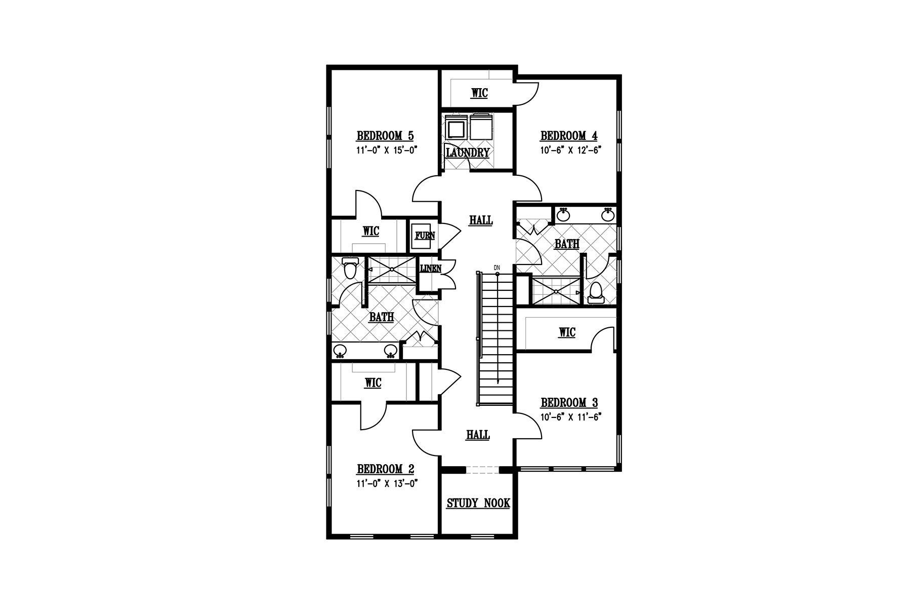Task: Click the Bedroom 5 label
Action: coord(385,136)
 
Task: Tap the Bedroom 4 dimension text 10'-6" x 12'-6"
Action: coord(569,150)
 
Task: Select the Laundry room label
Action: coord(468,153)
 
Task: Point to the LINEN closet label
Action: coord(430,268)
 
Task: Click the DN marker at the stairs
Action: coord(497,268)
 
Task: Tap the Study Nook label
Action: coord(478,504)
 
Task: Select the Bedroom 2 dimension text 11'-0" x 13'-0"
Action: coord(386,484)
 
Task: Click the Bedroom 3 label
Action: coord(569,403)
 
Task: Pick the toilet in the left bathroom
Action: coord(349,269)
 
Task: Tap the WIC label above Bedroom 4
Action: coord(479,93)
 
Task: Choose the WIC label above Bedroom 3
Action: coord(567,332)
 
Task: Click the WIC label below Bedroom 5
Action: coord(371,232)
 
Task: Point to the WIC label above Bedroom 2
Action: coord(372,383)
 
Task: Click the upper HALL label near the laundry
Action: coord(481,220)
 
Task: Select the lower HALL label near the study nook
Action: coord(478,435)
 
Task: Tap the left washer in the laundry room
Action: coord(457,127)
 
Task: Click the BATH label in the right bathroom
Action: coord(567,244)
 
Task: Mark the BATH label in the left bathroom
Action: coord(381,317)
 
